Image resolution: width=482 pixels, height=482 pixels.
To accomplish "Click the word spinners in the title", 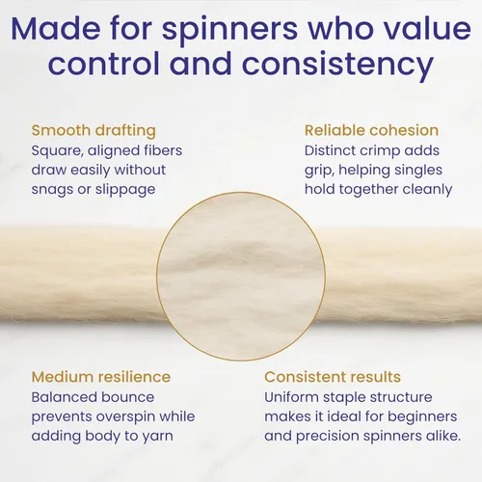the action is tap(229, 30).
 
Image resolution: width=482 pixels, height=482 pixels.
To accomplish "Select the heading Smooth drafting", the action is tap(94, 131).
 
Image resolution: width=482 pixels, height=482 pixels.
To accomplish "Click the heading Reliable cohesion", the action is tap(371, 130).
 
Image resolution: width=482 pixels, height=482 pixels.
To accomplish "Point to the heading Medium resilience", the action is tap(101, 377).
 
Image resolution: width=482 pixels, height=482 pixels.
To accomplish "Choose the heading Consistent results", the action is tap(333, 377).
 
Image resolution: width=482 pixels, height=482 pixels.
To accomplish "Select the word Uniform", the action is tap(291, 397).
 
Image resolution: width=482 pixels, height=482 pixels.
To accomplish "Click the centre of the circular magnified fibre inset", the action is tap(241, 277).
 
